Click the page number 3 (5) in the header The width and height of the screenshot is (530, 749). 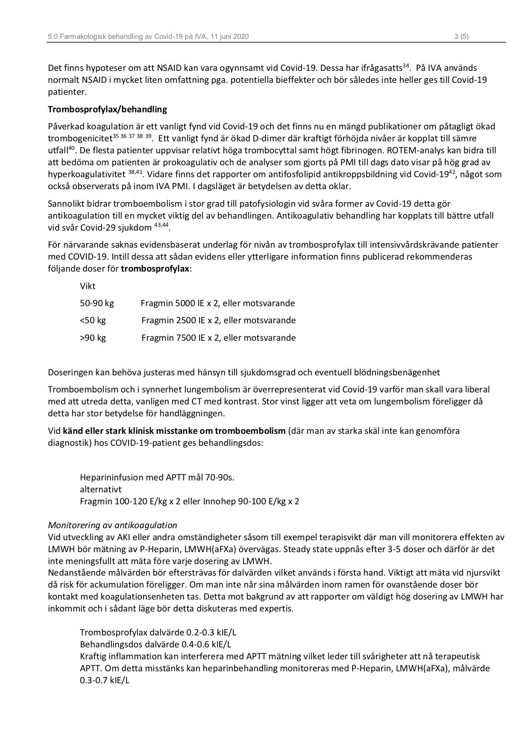(461, 37)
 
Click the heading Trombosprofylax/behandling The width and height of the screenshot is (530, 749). (107, 109)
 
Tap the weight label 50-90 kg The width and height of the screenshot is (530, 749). (97, 303)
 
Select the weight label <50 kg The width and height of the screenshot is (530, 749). (93, 320)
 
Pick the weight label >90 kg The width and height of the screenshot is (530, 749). (93, 338)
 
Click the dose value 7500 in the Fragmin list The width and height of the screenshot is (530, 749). (185, 338)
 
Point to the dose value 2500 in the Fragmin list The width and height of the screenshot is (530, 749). (185, 320)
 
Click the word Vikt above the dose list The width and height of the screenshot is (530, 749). (88, 286)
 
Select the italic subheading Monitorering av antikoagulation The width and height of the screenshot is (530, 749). (112, 525)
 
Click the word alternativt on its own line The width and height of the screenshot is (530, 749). (100, 489)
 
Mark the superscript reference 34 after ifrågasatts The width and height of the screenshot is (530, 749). (407, 65)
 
